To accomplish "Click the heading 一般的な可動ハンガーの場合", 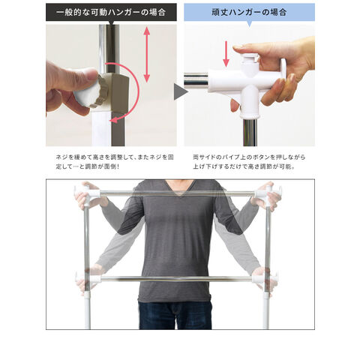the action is [x=111, y=12].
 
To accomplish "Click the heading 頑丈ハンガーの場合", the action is [x=249, y=12].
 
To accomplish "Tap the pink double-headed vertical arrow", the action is [x=147, y=55].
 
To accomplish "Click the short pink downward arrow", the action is [x=226, y=54].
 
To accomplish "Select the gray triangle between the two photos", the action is [x=181, y=91].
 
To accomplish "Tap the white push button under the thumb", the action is [x=249, y=58].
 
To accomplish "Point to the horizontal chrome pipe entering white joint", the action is [x=196, y=80].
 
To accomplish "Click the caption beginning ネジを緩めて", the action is [x=115, y=162].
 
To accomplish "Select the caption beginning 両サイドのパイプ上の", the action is [x=249, y=162].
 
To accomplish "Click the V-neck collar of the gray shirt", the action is [x=178, y=187].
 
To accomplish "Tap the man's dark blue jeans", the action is [x=175, y=315].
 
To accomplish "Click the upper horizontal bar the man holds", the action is [x=178, y=193].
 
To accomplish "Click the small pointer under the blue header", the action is [x=249, y=24].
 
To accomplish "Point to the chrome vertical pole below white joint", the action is [x=250, y=133].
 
